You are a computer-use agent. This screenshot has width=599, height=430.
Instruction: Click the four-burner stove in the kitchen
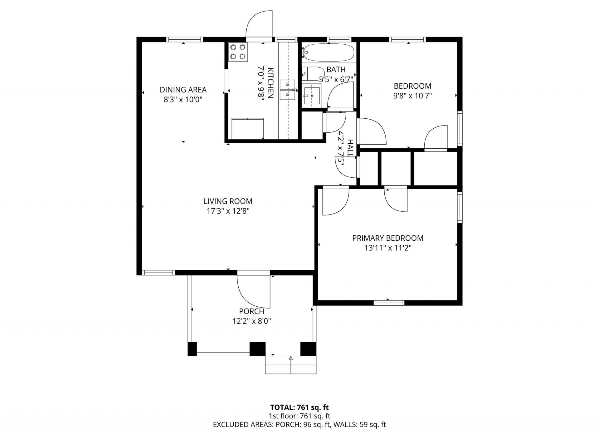238,52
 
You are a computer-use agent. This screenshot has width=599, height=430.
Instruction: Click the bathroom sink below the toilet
311,96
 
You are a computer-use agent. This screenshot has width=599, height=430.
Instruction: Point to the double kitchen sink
287,89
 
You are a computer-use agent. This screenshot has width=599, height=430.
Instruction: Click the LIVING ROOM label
228,201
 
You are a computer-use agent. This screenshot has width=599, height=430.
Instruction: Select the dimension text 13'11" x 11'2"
388,248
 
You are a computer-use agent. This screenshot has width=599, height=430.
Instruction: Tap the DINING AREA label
183,90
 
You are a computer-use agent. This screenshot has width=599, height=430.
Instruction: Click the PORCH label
251,311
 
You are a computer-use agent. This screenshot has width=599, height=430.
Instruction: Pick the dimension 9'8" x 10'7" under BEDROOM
412,96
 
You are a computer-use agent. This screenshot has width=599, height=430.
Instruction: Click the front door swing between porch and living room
253,290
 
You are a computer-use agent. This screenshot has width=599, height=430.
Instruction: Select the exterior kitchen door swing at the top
259,25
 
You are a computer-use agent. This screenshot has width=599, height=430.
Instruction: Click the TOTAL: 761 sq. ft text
299,407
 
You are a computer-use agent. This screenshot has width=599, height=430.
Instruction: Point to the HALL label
350,148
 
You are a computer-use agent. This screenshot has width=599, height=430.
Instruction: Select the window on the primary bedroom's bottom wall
389,303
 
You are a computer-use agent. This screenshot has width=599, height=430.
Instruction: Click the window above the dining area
184,40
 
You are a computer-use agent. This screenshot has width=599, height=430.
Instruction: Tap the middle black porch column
257,349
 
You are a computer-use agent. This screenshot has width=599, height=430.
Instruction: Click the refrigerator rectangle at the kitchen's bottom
248,128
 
